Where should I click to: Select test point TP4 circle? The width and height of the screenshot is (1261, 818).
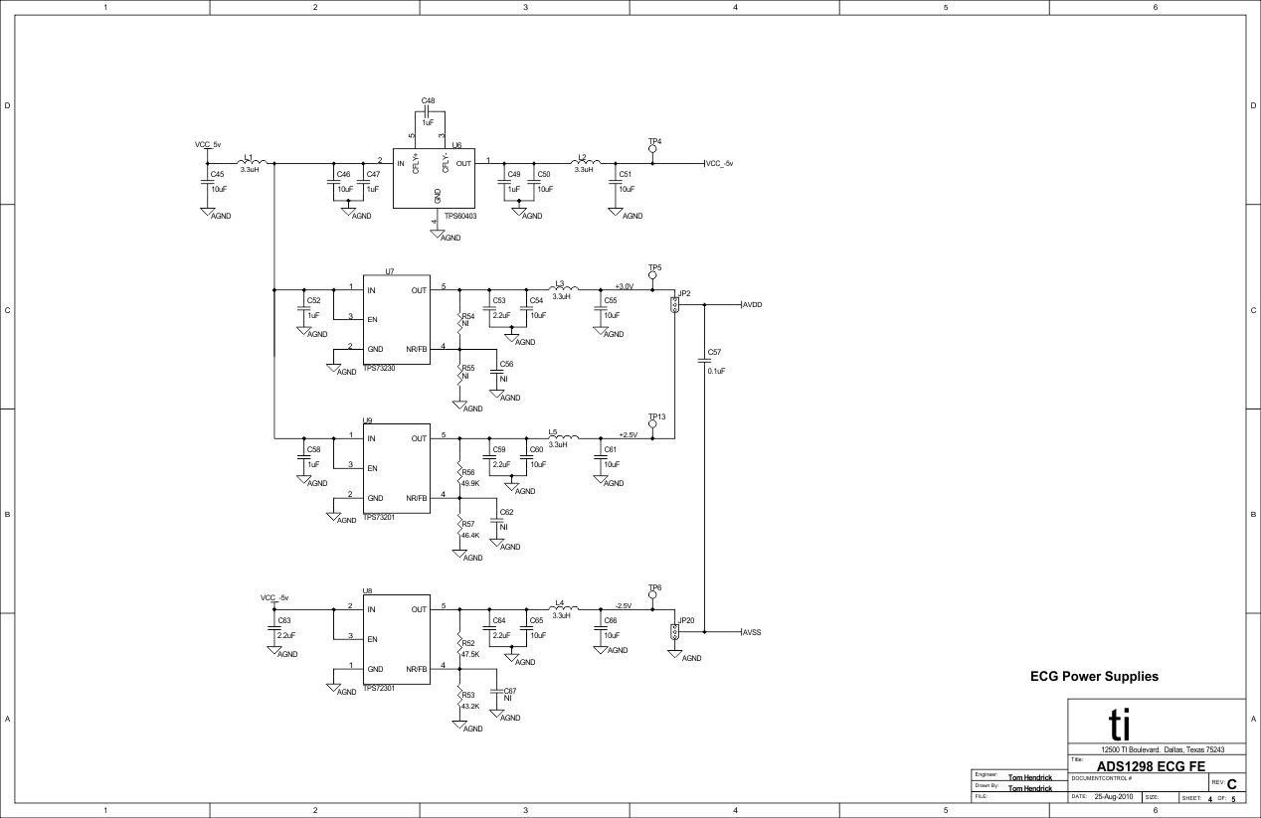[653, 150]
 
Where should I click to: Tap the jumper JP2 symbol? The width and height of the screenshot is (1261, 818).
[674, 305]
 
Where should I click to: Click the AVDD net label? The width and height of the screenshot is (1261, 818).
[752, 305]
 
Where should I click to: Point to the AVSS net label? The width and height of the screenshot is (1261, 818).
[752, 632]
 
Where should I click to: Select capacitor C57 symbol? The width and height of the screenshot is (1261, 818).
[704, 361]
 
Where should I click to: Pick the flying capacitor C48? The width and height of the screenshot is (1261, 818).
[428, 112]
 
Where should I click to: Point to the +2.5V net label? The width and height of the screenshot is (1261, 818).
[628, 434]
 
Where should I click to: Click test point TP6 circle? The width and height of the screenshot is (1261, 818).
[653, 596]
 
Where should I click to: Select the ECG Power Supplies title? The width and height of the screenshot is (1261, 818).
[1095, 677]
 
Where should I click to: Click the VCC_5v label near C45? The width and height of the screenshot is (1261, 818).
[208, 145]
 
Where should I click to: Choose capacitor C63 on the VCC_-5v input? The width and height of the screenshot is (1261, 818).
[273, 628]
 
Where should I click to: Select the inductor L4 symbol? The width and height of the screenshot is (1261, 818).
[561, 608]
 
